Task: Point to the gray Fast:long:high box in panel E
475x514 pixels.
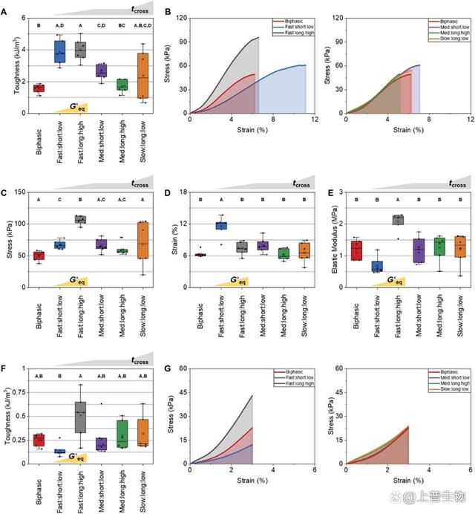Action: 398,219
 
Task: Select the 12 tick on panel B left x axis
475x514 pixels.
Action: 315,119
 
